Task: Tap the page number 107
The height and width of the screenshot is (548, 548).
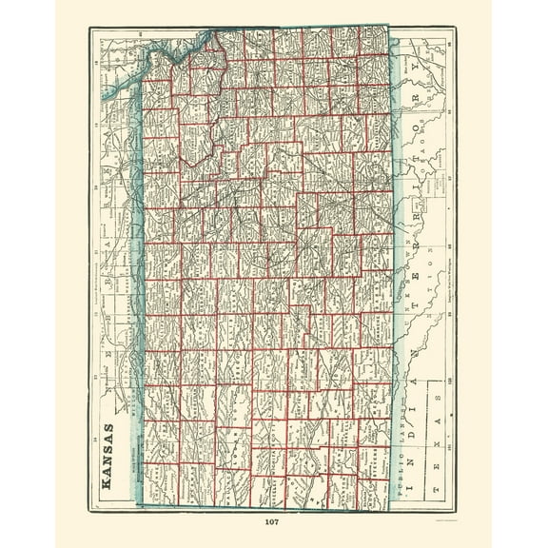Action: [272, 520]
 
